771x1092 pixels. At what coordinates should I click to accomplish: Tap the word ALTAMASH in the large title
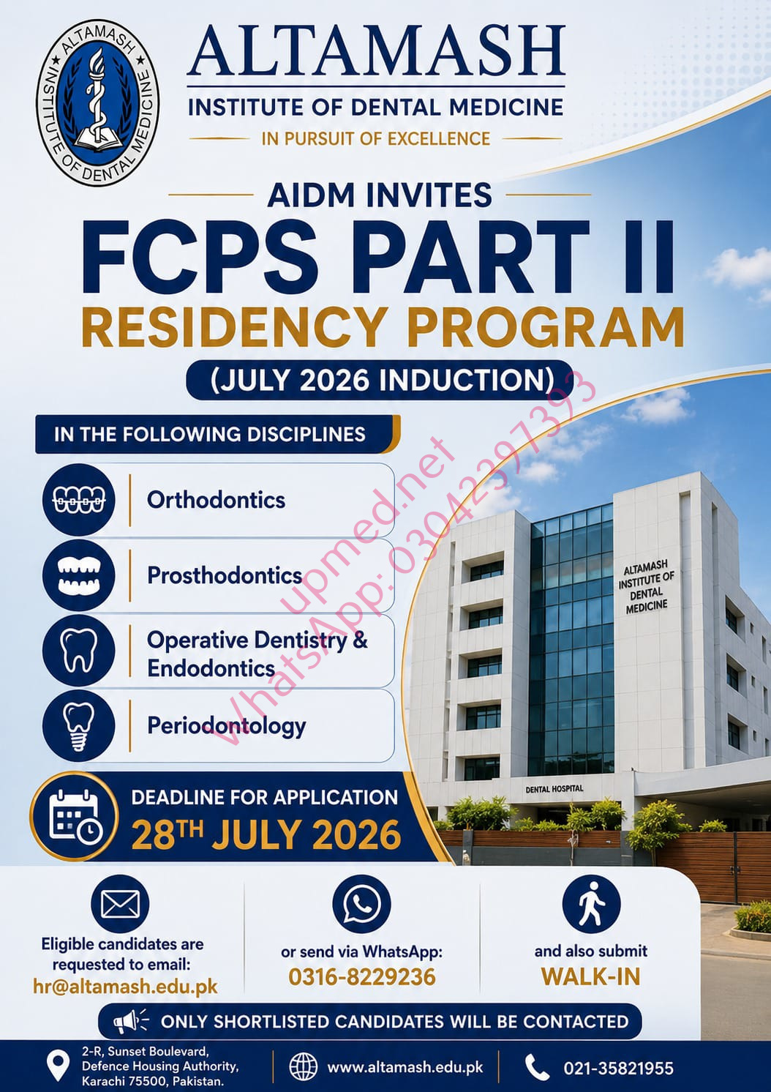pyautogui.click(x=376, y=51)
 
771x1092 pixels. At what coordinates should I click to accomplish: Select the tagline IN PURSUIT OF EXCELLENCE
pyautogui.click(x=376, y=138)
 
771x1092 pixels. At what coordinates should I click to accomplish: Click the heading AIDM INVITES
pyautogui.click(x=380, y=195)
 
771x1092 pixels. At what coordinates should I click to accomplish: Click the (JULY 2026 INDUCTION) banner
pyautogui.click(x=380, y=380)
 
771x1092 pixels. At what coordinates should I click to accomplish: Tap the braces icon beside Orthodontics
pyautogui.click(x=78, y=500)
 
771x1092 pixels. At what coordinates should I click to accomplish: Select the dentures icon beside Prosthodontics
pyautogui.click(x=78, y=575)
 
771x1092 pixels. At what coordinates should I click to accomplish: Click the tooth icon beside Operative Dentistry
pyautogui.click(x=78, y=650)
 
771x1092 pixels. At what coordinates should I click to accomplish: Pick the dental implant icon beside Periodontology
pyautogui.click(x=78, y=725)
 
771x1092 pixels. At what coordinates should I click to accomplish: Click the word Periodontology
pyautogui.click(x=227, y=726)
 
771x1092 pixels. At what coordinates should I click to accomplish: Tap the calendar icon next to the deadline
pyautogui.click(x=74, y=816)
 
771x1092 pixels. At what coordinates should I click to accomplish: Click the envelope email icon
pyautogui.click(x=120, y=904)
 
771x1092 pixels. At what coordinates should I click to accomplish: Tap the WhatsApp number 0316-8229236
pyautogui.click(x=361, y=977)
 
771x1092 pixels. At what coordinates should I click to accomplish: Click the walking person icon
pyautogui.click(x=590, y=904)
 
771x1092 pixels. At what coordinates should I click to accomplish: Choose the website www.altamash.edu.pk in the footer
pyautogui.click(x=405, y=1068)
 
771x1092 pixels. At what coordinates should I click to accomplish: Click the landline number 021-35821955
pyautogui.click(x=618, y=1068)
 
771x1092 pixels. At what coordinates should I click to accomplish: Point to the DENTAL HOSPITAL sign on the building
pyautogui.click(x=554, y=789)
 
